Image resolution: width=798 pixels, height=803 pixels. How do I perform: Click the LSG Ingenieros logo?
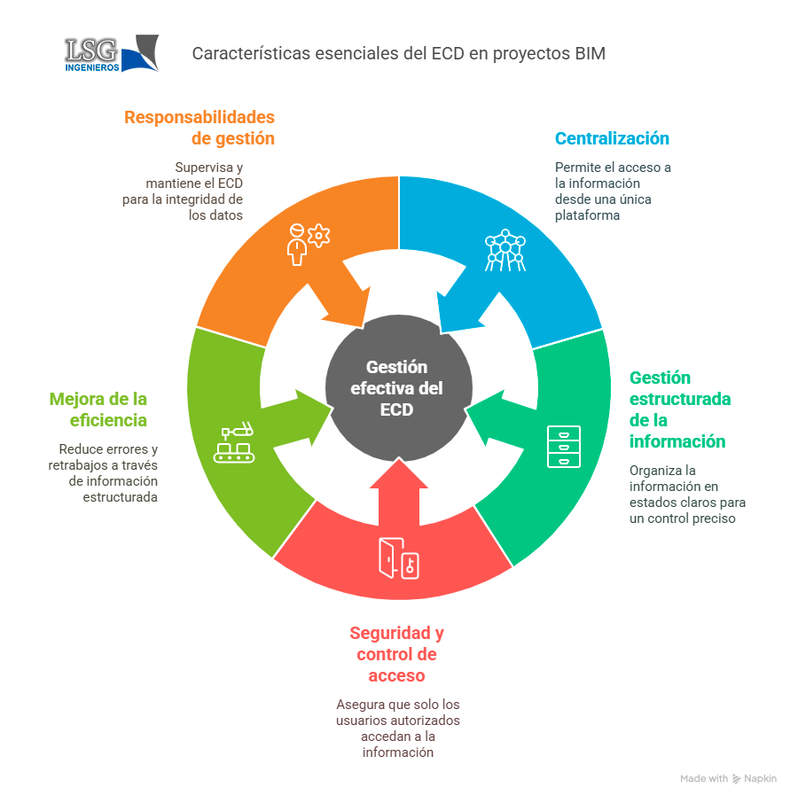click(x=111, y=53)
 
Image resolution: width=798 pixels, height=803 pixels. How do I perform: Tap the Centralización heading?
click(x=612, y=138)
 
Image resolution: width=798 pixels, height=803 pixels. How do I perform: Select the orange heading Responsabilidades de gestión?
click(x=199, y=128)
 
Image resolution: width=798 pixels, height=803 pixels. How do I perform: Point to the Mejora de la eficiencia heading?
click(x=98, y=409)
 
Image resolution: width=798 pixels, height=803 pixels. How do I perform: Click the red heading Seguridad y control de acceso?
click(x=397, y=654)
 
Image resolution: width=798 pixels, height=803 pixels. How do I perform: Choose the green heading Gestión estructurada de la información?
click(x=680, y=409)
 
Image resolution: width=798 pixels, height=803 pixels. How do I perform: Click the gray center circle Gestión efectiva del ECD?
click(x=398, y=387)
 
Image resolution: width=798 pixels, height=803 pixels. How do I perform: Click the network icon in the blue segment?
click(x=505, y=250)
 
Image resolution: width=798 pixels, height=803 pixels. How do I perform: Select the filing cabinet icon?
click(x=563, y=447)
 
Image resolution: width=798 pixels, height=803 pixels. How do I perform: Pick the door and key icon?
click(x=398, y=558)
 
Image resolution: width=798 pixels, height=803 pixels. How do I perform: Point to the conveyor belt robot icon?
click(x=234, y=442)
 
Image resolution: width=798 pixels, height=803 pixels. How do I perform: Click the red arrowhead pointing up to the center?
click(x=399, y=473)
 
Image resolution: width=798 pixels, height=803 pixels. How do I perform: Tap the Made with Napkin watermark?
click(x=728, y=778)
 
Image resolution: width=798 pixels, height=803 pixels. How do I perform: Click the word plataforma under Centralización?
click(x=587, y=215)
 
